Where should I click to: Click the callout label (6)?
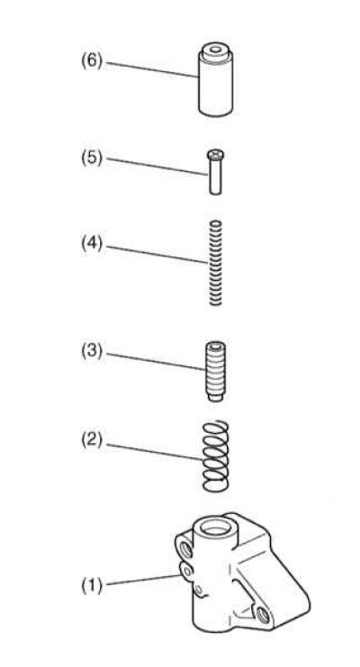92,61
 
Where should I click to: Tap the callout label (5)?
92,158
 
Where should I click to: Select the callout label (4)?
92,244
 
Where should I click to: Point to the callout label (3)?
92,352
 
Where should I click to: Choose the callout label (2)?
92,440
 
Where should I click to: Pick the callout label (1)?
92,586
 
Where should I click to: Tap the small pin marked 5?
215,172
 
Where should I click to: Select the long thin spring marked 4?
216,263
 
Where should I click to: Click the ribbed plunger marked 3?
216,371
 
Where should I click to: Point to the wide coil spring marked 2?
215,456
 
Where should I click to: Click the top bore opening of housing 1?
215,528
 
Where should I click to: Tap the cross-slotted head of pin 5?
216,155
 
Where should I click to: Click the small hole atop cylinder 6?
216,50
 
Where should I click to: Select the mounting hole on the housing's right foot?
263,616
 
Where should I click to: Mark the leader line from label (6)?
152,70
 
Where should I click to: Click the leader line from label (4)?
157,255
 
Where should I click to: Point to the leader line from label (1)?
144,580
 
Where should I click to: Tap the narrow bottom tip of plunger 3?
216,398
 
